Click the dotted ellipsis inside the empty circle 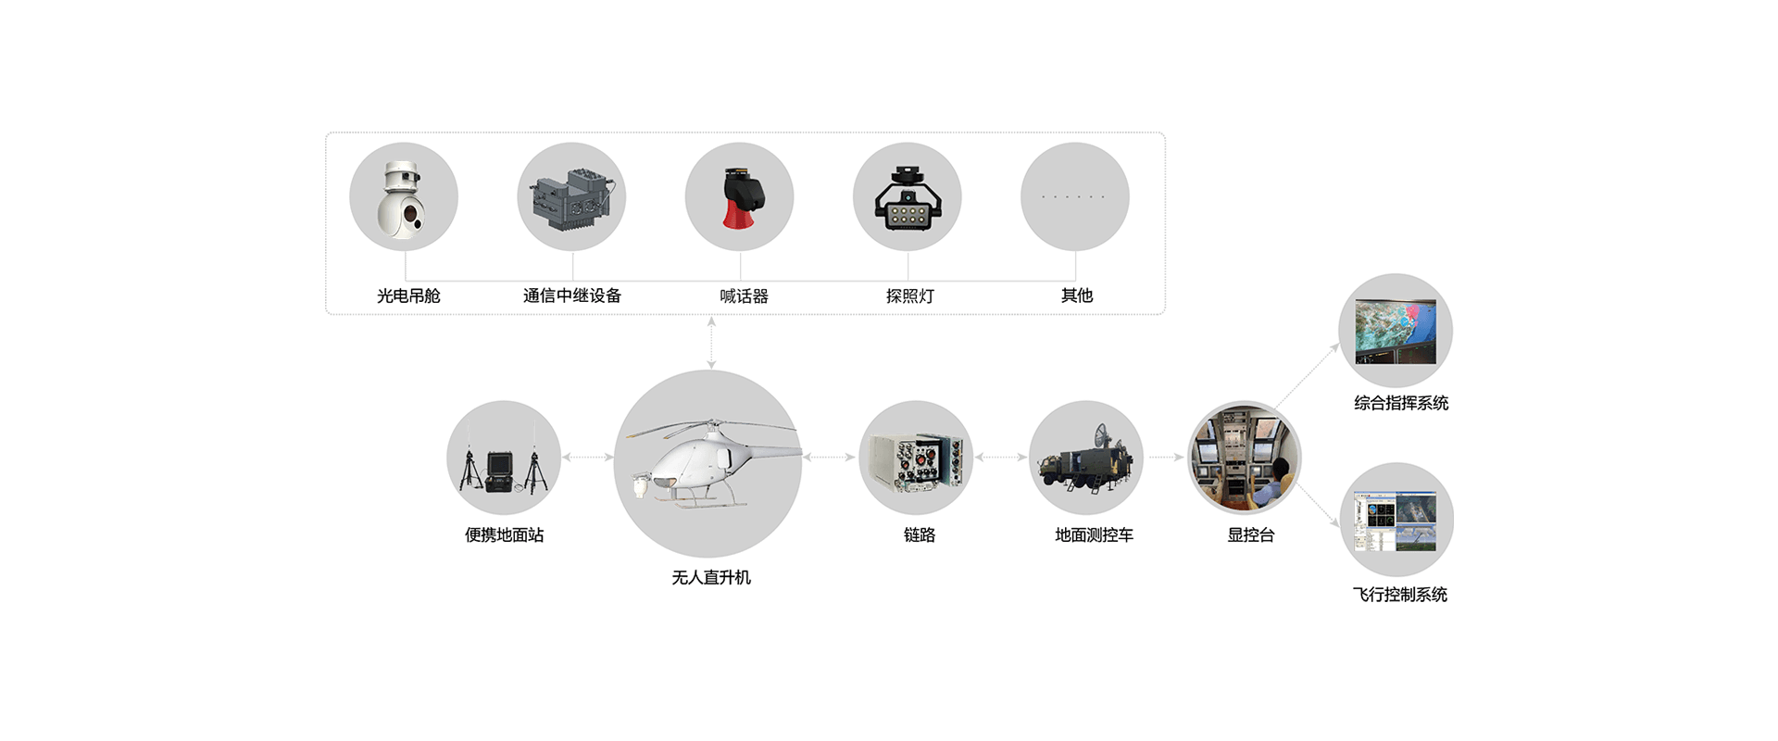[x=1074, y=197]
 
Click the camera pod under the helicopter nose [x=636, y=485]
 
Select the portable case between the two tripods [x=503, y=468]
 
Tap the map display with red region [x=1396, y=329]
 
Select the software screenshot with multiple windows [x=1396, y=519]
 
